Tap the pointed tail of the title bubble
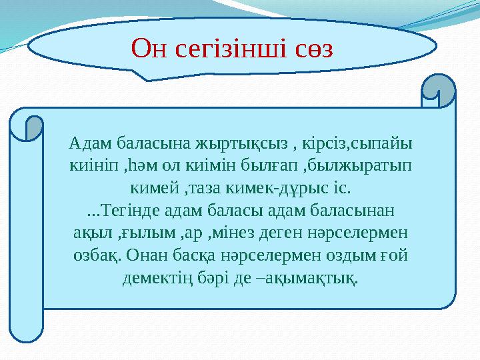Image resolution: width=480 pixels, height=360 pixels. (147, 76)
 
